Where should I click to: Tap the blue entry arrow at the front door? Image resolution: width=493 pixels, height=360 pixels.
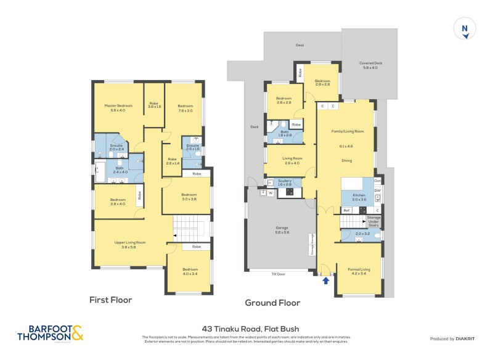326,281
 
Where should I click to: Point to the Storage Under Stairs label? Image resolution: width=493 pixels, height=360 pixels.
374,220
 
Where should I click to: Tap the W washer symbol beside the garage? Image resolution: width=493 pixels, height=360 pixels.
270,193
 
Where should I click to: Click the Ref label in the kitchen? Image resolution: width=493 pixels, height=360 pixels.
346,210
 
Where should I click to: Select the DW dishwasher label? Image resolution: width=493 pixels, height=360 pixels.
377,190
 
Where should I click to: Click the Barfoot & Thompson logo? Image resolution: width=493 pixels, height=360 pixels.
51,333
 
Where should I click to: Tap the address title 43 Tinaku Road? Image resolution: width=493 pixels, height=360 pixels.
250,329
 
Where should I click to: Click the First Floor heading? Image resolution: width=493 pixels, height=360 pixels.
111,300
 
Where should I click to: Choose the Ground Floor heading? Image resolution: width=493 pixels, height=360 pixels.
272,303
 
